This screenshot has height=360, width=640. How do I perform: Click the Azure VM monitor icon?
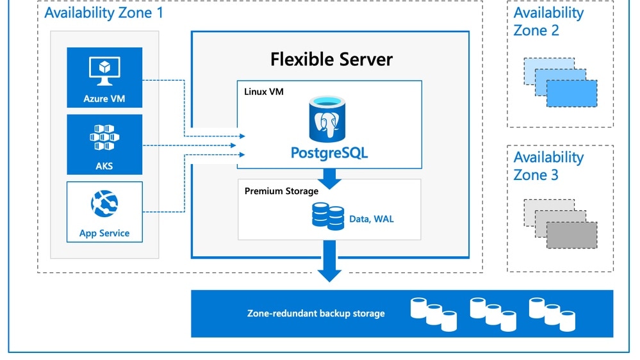104,71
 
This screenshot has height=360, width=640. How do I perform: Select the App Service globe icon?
104,204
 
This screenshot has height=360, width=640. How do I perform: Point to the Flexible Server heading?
331,60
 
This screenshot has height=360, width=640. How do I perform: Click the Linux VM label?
264,92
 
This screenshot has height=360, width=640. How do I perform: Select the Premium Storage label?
281,191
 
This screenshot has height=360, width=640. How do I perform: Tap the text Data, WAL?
372,219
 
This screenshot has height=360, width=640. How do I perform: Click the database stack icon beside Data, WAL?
328,216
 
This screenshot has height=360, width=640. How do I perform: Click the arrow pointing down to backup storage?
330,268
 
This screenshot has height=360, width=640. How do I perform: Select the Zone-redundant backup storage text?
316,313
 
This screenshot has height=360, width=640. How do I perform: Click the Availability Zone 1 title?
104,12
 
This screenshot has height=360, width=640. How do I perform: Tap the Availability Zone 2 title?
548,21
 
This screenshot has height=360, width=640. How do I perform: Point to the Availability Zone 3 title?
548,166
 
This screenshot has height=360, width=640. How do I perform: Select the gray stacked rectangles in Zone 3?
561,224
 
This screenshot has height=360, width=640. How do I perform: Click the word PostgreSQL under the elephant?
329,153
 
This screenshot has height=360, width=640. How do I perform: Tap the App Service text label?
104,233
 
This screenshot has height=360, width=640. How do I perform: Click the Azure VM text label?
104,99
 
